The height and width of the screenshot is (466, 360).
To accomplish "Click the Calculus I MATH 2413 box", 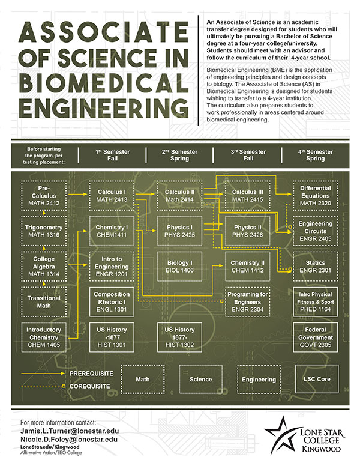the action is click(x=112, y=196).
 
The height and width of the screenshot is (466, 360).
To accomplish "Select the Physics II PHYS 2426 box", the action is click(x=247, y=231).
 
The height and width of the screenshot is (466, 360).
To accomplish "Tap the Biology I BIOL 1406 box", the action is click(x=180, y=266).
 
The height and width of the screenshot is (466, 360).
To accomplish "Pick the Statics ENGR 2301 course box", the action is click(x=316, y=266).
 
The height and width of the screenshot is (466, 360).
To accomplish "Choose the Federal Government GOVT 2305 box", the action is click(x=316, y=337).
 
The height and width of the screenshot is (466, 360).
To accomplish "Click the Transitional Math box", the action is click(x=44, y=301).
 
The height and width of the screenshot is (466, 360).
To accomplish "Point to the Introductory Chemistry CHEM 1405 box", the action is click(x=44, y=337).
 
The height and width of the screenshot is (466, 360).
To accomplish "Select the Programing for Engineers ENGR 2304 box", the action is click(x=247, y=301).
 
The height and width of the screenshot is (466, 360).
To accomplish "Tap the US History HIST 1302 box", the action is click(x=180, y=337).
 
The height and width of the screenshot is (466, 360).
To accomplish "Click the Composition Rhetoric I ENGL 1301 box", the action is click(x=112, y=301).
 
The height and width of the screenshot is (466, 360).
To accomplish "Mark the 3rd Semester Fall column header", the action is click(x=248, y=155).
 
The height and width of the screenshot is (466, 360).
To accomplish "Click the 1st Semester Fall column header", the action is click(x=113, y=155).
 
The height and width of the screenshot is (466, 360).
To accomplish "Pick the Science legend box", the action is click(x=201, y=379).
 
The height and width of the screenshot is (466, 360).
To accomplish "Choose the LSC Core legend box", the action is click(x=317, y=379).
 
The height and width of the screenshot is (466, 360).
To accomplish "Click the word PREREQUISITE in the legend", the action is click(x=91, y=374).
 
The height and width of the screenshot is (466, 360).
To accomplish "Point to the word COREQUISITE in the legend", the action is click(x=90, y=386).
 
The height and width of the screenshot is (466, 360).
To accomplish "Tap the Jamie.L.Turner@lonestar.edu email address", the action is click(x=70, y=431).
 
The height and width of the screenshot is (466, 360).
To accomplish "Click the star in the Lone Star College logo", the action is click(x=281, y=435).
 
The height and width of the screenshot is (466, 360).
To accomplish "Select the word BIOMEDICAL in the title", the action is click(x=104, y=82).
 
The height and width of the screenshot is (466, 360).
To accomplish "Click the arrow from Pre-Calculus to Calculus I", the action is click(x=78, y=194).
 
